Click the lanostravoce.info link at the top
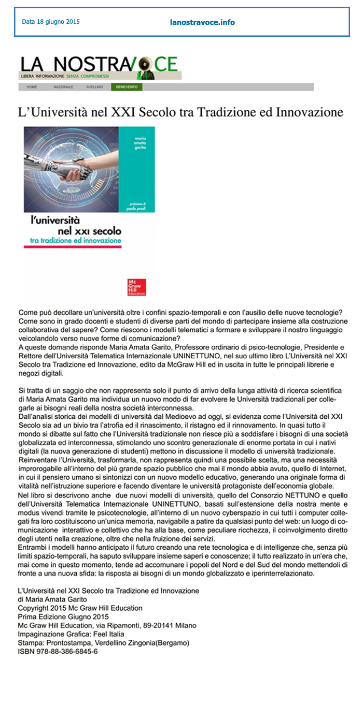[x=202, y=22]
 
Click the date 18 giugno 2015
[x=51, y=22]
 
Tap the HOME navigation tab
[x=32, y=87]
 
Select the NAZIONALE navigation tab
[x=63, y=87]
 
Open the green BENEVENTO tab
[x=127, y=87]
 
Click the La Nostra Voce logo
[x=100, y=66]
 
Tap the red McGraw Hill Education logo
[x=136, y=287]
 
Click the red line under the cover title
[x=73, y=247]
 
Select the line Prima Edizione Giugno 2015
[x=63, y=616]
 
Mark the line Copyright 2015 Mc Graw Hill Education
[x=80, y=608]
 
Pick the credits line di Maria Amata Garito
[x=52, y=599]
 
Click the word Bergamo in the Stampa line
[x=174, y=643]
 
